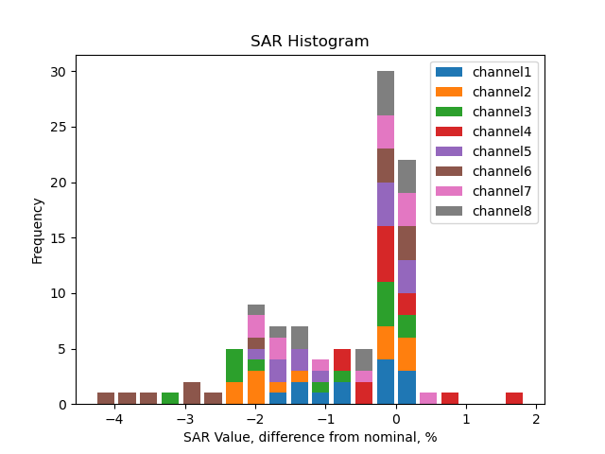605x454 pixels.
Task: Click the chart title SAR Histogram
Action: point(309,42)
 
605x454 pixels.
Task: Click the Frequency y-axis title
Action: point(38,230)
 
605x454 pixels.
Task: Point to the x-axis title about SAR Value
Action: point(309,438)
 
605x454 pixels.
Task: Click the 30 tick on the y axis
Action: point(57,72)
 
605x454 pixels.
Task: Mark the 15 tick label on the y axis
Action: point(57,238)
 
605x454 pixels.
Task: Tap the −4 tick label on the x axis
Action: point(114,419)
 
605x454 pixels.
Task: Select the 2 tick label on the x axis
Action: point(536,419)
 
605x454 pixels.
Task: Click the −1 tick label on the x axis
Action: point(325,419)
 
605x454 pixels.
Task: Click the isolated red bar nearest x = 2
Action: point(514,398)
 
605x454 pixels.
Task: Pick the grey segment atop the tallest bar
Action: point(386,93)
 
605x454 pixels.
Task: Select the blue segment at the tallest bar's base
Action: point(386,382)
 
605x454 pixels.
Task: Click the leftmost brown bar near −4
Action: point(106,398)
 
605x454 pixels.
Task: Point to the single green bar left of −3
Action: point(170,398)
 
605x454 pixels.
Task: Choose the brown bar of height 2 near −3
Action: point(192,393)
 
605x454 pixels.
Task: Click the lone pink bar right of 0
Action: point(428,398)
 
